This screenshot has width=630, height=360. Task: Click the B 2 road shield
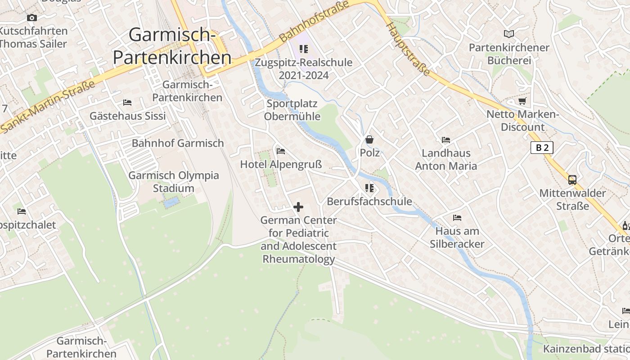[x=541, y=148]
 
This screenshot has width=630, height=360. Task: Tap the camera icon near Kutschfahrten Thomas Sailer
[x=31, y=18]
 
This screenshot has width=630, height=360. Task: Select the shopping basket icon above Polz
[x=369, y=139]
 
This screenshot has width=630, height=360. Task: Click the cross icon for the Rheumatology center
[x=298, y=207]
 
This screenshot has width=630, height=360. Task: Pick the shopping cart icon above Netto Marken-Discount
[x=522, y=101]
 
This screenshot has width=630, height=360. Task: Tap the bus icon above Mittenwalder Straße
[x=572, y=180]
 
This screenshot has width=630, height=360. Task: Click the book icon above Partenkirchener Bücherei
[x=509, y=34]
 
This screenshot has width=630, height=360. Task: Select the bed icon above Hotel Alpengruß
[x=281, y=151]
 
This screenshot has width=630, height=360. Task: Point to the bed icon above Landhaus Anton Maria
[x=446, y=140]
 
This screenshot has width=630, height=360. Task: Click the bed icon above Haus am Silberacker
[x=457, y=218]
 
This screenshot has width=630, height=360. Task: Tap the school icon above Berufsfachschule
[x=369, y=188]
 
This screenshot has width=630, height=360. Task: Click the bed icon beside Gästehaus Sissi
[x=127, y=103]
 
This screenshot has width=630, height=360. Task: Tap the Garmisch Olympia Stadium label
[x=174, y=182]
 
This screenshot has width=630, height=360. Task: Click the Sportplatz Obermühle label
[x=292, y=110]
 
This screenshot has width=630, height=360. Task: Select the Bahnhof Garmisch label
[x=178, y=143]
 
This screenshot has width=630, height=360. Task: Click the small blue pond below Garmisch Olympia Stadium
[x=171, y=203]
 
